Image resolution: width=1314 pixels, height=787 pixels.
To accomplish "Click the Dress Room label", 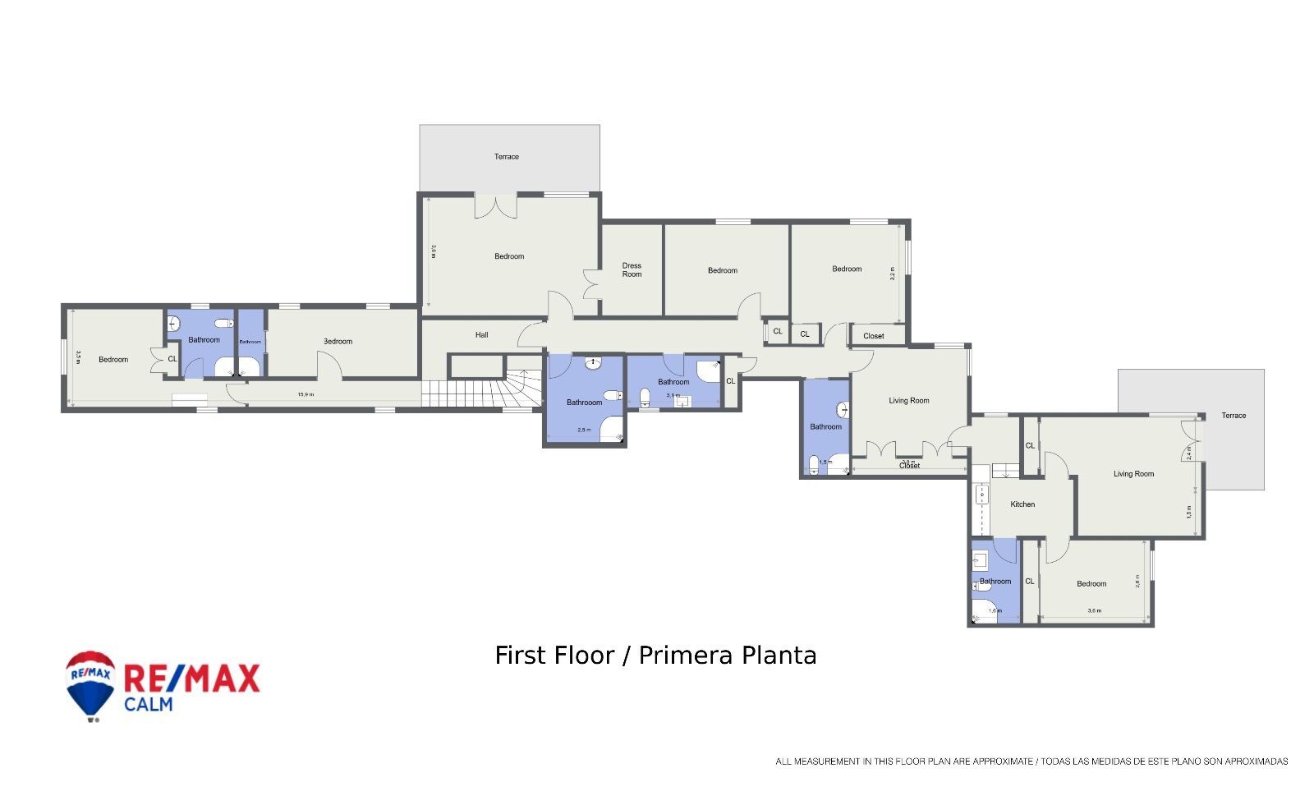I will [632, 269].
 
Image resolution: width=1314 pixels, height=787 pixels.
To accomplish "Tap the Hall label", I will [482, 335].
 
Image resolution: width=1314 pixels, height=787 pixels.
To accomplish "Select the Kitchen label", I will [1022, 504].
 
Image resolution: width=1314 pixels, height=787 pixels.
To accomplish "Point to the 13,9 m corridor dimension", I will [306, 394].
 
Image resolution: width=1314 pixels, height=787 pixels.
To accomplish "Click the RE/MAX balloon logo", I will [90, 685].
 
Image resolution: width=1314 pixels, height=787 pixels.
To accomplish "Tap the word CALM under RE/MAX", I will [149, 704].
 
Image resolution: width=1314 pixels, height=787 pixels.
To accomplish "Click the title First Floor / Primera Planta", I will [655, 656].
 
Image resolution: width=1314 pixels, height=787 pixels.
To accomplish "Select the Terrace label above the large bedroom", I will [507, 157].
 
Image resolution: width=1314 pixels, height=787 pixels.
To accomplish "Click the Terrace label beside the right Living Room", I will [1234, 416].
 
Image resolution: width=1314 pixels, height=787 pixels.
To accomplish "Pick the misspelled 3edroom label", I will [338, 342].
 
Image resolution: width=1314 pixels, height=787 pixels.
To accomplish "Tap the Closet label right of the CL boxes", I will [874, 336].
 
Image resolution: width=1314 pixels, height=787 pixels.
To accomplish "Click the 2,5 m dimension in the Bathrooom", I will [584, 430].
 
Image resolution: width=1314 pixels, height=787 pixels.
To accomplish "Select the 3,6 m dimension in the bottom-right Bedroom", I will [1094, 611].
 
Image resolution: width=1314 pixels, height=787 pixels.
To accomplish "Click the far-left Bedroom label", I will [113, 360].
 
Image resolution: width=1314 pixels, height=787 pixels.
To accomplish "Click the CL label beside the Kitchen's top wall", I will [1030, 446].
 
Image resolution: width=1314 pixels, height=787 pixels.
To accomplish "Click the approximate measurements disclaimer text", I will [1031, 762].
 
